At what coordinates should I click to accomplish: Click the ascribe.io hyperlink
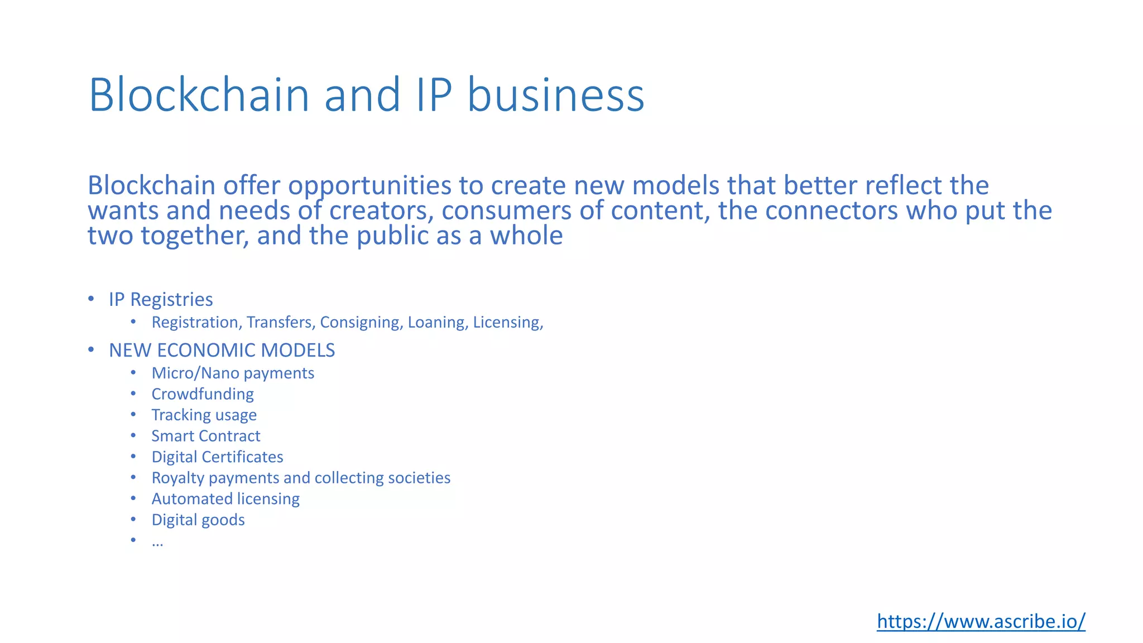point(981,621)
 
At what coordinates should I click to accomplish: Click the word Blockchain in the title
point(199,95)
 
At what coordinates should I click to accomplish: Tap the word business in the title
point(555,95)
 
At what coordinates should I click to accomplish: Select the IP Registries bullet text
point(161,300)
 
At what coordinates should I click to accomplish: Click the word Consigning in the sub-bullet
point(361,323)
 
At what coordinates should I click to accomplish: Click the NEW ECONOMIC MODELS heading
point(222,351)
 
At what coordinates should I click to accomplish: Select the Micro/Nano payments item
point(233,373)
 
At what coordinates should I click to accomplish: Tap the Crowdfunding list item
point(203,394)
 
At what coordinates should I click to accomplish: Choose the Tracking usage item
point(204,415)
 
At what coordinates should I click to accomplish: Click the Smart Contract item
point(205,436)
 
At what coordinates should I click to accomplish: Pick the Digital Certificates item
point(217,457)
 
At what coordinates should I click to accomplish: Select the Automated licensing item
point(225,499)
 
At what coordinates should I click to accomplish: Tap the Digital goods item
point(198,520)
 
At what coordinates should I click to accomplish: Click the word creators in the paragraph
point(381,211)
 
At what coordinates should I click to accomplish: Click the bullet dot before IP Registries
point(91,299)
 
